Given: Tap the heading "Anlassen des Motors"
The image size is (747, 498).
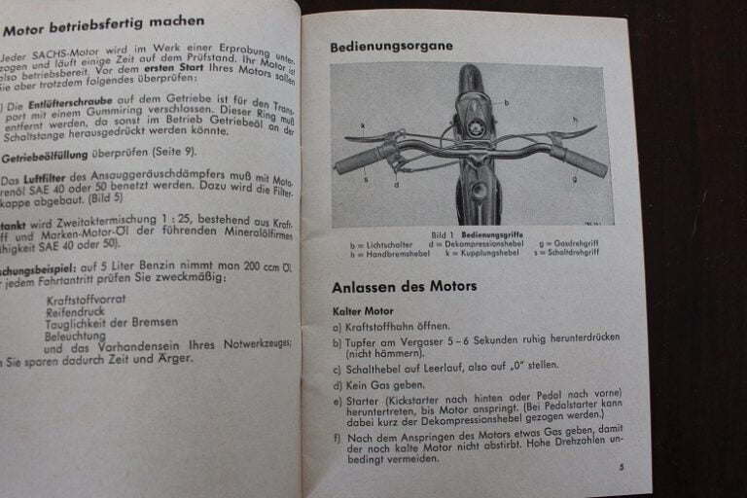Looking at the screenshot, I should pyautogui.click(x=404, y=287).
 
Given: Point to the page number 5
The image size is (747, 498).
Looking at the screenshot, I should pyautogui.click(x=620, y=468).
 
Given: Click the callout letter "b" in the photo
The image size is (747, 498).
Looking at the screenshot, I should pyautogui.click(x=506, y=102).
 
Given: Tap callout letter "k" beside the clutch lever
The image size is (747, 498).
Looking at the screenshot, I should pyautogui.click(x=362, y=125).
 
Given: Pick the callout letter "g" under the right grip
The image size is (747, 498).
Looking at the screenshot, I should pyautogui.click(x=574, y=178).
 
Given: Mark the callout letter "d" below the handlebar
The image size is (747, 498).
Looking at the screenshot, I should pyautogui.click(x=396, y=184).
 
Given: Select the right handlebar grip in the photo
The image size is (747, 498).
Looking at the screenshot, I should pyautogui.click(x=584, y=160).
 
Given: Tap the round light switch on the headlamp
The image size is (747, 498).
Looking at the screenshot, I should pyautogui.click(x=477, y=127).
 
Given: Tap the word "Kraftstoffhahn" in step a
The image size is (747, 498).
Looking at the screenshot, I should pyautogui.click(x=383, y=327).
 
